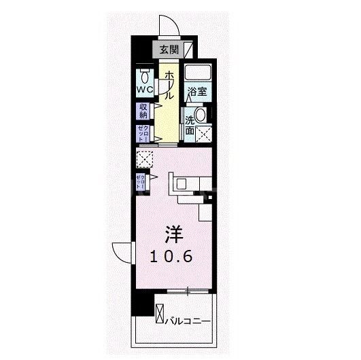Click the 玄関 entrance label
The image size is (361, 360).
click(x=169, y=50)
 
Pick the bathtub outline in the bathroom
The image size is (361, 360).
click(x=199, y=73)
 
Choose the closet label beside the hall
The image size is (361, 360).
click(x=143, y=133)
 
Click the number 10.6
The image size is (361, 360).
click(x=173, y=257)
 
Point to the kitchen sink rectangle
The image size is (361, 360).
click(x=182, y=183)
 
